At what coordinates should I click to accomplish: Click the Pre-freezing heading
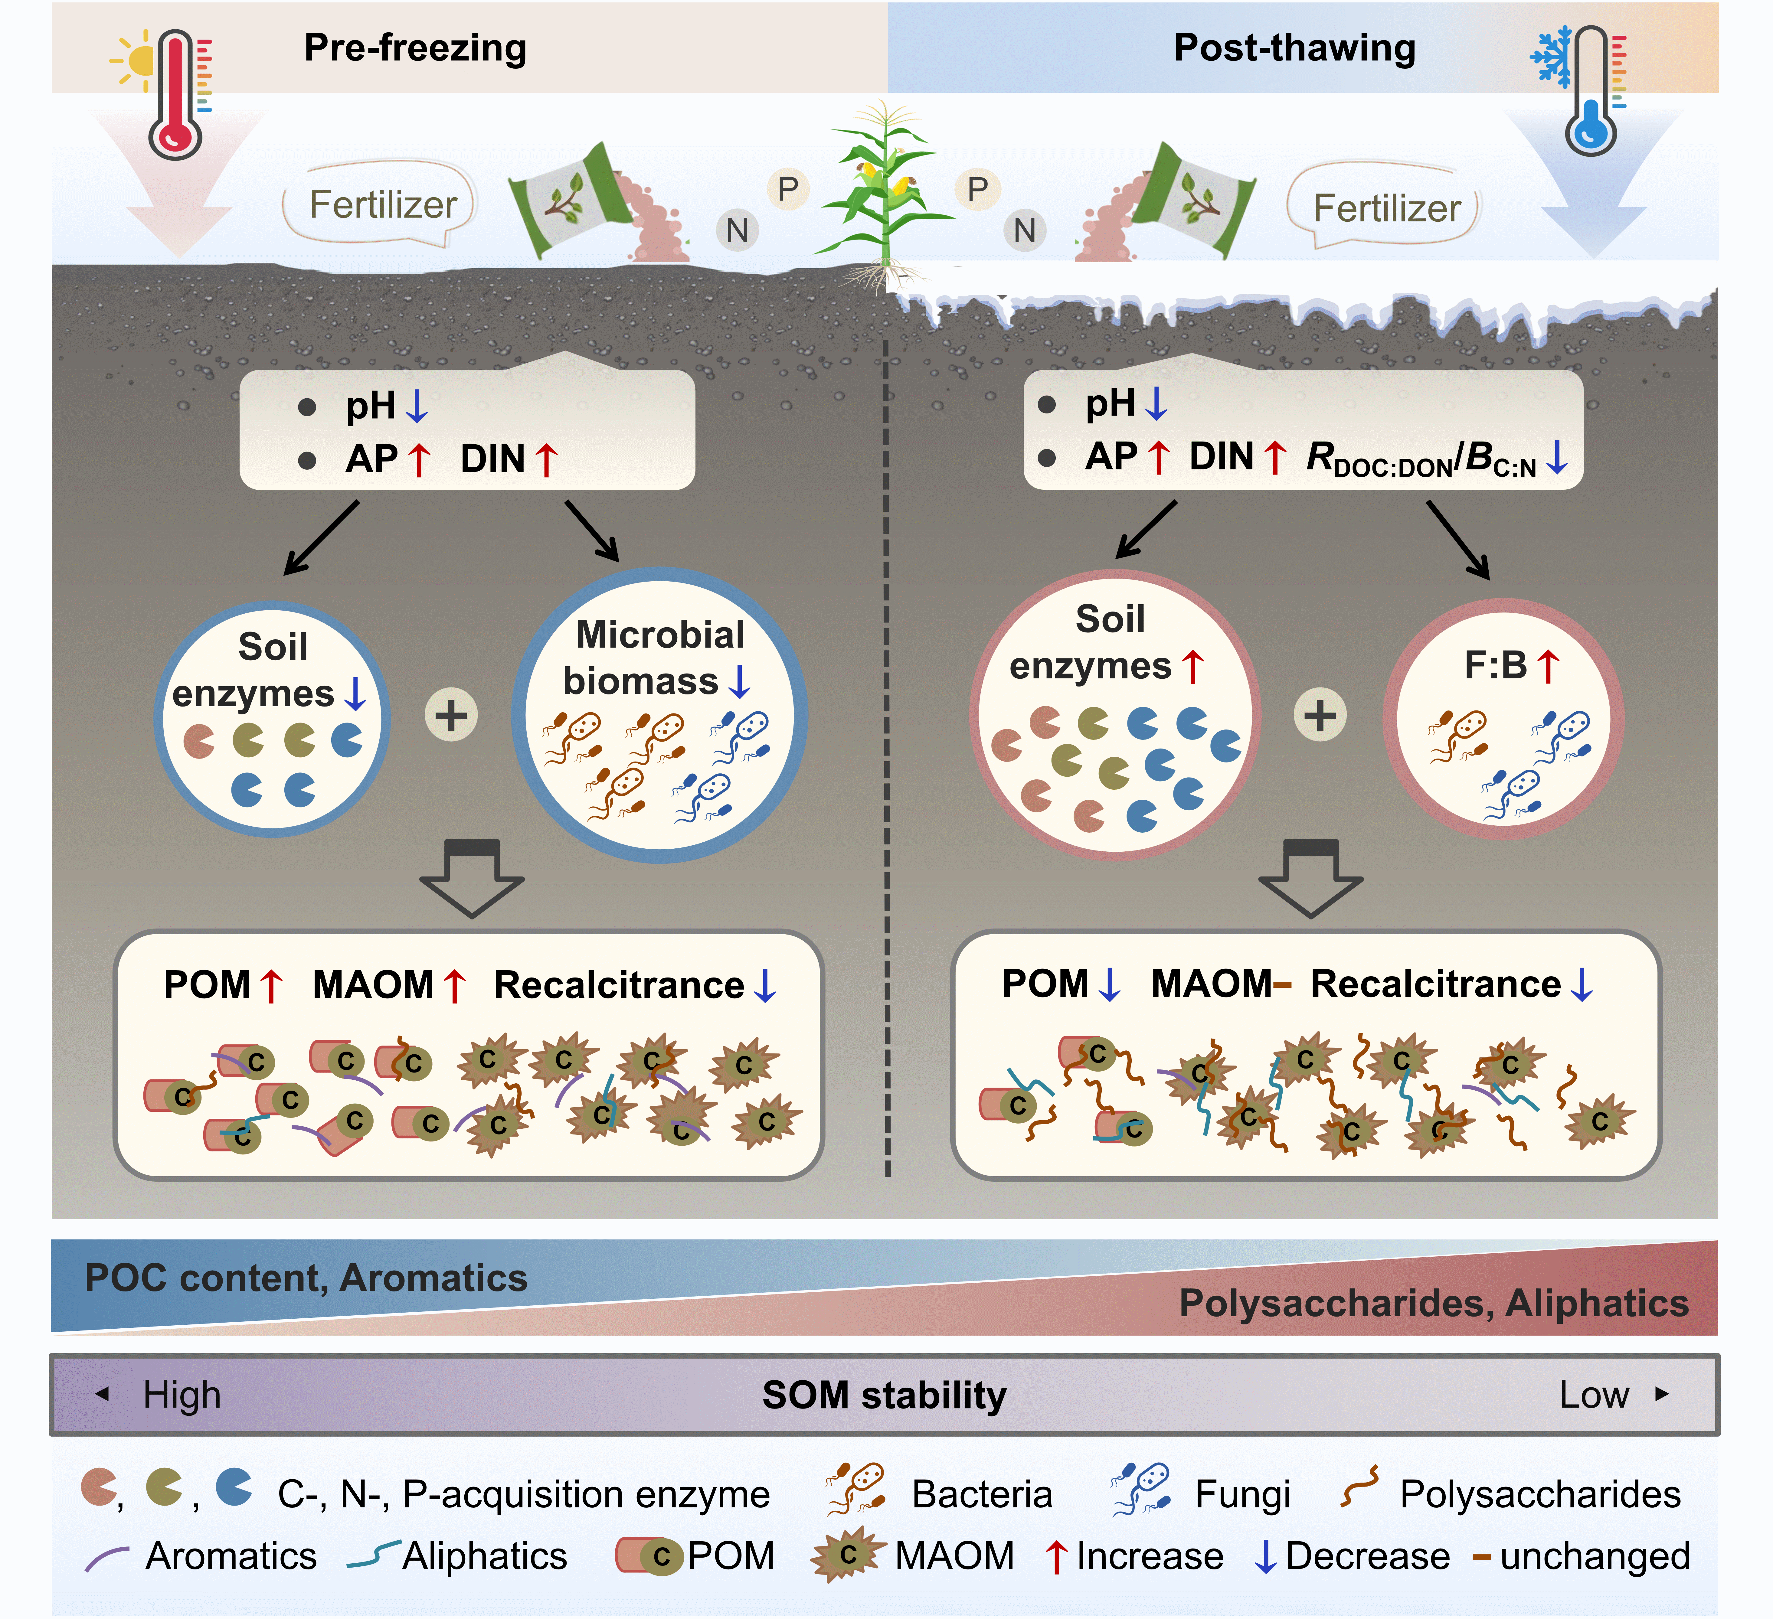[x=415, y=48]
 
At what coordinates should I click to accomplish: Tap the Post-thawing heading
[x=1294, y=48]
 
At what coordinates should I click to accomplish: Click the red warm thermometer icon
[x=176, y=94]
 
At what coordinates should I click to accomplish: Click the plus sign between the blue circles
[x=451, y=715]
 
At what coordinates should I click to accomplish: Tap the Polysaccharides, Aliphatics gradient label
[x=1434, y=1303]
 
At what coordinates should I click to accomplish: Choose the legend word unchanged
[x=1595, y=1557]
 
